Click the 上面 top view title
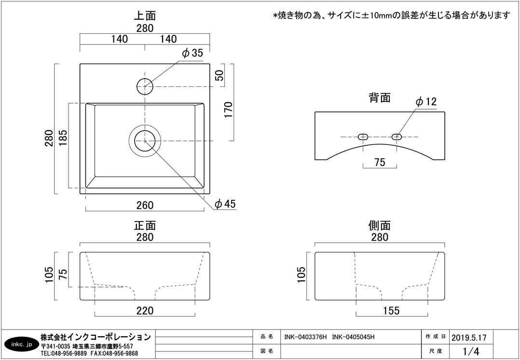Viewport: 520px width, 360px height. pyautogui.click(x=145, y=16)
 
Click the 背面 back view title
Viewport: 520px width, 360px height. pyautogui.click(x=380, y=98)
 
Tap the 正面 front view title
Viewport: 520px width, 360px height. pyautogui.click(x=145, y=225)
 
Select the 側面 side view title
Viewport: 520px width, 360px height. pyautogui.click(x=380, y=225)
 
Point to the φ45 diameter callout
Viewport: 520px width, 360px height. pyautogui.click(x=225, y=204)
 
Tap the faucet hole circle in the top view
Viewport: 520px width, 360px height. pyautogui.click(x=145, y=86)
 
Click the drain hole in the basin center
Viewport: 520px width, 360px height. pyautogui.click(x=145, y=141)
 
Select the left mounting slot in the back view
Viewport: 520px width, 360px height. pyautogui.click(x=363, y=137)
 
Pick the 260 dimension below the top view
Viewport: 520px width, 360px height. pyautogui.click(x=145, y=205)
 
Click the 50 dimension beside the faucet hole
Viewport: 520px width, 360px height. pyautogui.click(x=219, y=75)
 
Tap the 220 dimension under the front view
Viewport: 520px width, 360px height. pyautogui.click(x=145, y=310)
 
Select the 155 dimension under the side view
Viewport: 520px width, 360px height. pyautogui.click(x=391, y=310)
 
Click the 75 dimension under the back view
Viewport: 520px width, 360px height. pyautogui.click(x=380, y=163)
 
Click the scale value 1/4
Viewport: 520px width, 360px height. pyautogui.click(x=471, y=350)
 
